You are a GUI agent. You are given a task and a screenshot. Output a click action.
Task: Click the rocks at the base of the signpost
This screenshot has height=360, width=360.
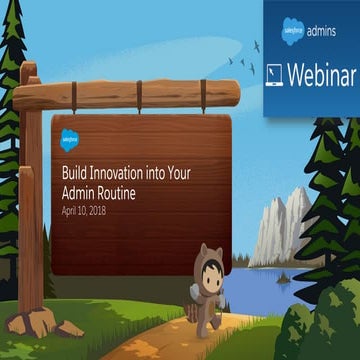click(38, 321)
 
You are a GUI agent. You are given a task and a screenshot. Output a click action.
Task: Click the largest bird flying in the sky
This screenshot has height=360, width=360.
click(257, 45)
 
